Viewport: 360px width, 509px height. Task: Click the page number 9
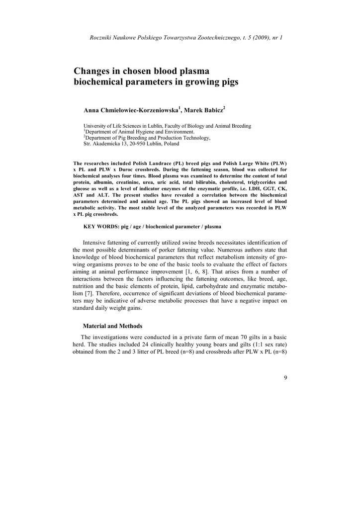285,377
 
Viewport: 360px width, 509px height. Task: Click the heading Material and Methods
112,326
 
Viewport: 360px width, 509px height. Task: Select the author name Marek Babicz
205,109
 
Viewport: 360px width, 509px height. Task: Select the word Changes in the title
91,71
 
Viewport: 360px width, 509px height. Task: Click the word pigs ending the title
229,83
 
